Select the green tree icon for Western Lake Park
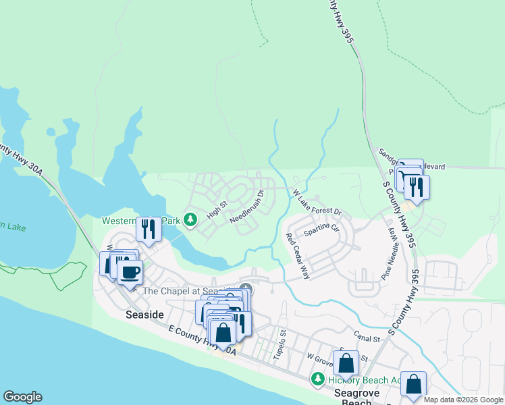pyautogui.click(x=190, y=219)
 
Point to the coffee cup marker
pyautogui.click(x=130, y=273)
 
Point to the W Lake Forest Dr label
pyautogui.click(x=317, y=203)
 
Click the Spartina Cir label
pyautogui.click(x=321, y=230)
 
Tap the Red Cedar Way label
pyautogui.click(x=297, y=256)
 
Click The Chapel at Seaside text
pyautogui.click(x=186, y=291)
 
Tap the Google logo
pyautogui.click(x=22, y=397)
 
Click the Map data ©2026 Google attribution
pyautogui.click(x=462, y=400)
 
